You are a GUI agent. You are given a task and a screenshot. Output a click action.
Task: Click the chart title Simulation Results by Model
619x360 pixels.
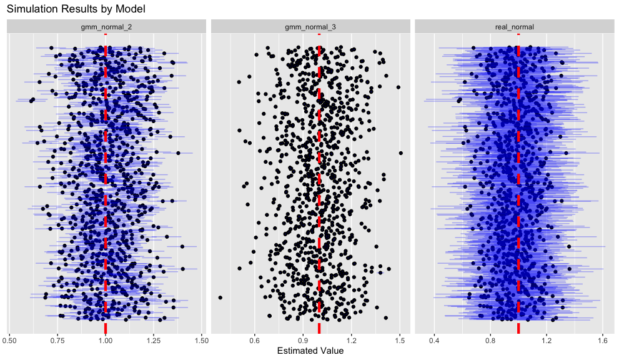tap(76, 9)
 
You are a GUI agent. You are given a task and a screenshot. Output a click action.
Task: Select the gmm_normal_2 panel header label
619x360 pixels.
tap(106, 27)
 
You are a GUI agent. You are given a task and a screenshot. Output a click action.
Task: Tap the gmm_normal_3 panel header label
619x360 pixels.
tap(310, 27)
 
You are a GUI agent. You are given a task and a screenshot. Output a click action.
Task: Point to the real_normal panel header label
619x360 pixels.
tap(514, 27)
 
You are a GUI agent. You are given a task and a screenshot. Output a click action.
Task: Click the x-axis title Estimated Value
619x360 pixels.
tap(310, 351)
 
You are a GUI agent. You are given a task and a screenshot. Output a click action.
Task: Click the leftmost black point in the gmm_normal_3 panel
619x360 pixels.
tap(220, 297)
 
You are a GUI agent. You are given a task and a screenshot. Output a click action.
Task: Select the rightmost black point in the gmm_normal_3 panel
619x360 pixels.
tap(400, 152)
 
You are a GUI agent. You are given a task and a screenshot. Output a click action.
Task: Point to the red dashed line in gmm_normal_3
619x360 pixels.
tap(319, 187)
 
